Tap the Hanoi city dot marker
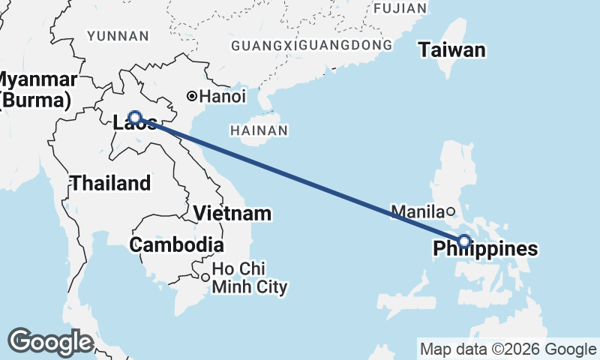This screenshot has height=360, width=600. (x=192, y=96)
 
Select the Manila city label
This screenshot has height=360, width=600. (x=418, y=211)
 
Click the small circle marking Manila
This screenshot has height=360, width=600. (x=450, y=211)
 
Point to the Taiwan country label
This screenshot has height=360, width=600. (x=451, y=51)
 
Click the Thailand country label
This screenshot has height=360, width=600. (x=110, y=183)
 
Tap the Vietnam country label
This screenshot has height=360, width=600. (x=232, y=213)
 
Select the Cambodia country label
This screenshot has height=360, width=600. (x=176, y=244)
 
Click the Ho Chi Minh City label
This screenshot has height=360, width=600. (x=250, y=277)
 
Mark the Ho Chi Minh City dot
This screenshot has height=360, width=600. (x=205, y=277)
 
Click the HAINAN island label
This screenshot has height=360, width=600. (x=259, y=130)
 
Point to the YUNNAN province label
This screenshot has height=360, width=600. (x=118, y=36)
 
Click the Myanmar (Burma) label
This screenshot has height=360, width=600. (x=36, y=89)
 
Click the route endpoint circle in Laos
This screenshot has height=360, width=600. (x=134, y=117)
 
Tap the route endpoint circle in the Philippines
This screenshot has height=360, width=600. (x=464, y=241)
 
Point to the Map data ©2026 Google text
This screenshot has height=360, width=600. (x=507, y=349)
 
